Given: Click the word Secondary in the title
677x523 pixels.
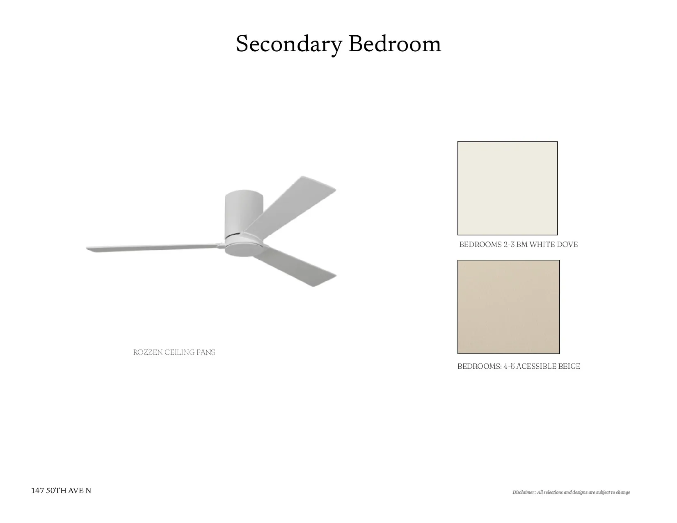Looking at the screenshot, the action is coord(289,44).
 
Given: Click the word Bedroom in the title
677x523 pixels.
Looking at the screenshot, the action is coord(395,43).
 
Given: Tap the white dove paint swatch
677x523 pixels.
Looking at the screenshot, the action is coord(507,188).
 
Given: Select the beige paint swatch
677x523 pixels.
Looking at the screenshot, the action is coord(508,307).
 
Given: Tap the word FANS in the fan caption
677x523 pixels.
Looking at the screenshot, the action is coord(206,352).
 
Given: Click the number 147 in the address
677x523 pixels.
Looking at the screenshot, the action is coord(37,491).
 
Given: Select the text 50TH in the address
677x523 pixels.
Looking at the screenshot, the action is coord(56,491).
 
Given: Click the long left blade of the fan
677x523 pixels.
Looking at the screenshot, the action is coord(153,248).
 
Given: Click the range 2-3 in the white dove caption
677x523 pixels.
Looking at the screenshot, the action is coord(509,244).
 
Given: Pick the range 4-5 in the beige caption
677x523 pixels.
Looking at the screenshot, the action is coord(509,366).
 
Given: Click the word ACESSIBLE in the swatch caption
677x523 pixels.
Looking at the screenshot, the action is coord(536,366).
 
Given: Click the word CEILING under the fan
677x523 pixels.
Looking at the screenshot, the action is coord(179,352).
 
